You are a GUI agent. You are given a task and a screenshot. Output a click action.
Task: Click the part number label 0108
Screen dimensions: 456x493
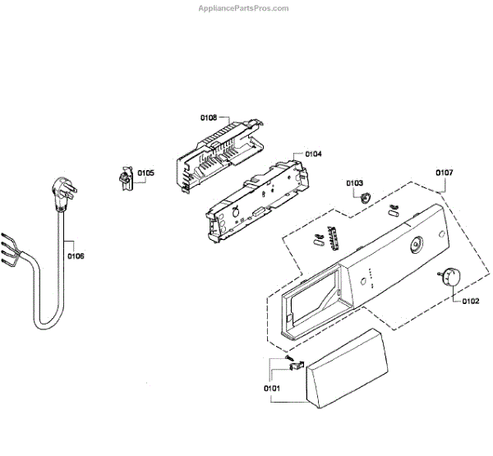(209, 118)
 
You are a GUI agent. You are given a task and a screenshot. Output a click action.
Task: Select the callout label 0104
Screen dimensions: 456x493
(313, 154)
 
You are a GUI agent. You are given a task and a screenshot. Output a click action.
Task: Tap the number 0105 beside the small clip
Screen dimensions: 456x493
(145, 173)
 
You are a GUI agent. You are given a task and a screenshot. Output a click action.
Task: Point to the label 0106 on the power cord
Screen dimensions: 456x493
(76, 256)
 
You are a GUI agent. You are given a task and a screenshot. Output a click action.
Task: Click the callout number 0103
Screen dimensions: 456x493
(354, 182)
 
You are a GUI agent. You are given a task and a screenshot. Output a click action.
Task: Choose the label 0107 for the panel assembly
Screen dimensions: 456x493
(444, 173)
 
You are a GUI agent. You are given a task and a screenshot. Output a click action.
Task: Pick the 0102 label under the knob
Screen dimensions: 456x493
(470, 302)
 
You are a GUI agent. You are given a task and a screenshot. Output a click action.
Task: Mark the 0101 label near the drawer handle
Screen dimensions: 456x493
(272, 387)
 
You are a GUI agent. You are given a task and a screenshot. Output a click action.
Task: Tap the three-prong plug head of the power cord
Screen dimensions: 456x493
(62, 194)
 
